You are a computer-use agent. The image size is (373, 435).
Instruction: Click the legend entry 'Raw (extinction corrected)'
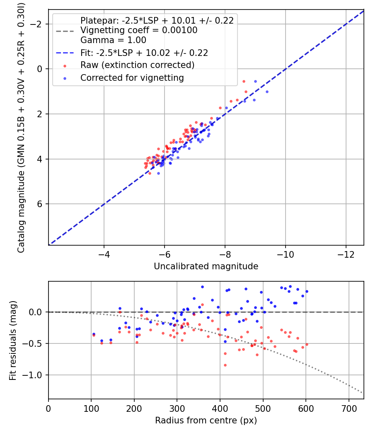137,65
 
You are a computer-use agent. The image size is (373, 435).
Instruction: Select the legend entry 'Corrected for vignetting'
132,77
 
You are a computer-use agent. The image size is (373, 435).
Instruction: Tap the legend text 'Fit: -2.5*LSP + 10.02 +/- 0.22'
144,53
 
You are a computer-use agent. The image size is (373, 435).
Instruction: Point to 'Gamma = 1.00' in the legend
113,41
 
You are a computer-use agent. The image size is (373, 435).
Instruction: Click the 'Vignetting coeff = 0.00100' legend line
139,30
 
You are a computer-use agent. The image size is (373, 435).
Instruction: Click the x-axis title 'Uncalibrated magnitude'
206,266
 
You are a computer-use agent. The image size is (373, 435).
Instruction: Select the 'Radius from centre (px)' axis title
206,420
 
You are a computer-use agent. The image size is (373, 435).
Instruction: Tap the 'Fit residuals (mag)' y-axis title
13,340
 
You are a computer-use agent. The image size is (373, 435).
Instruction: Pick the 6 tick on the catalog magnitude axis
40,204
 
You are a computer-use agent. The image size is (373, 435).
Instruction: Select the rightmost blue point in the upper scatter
267,92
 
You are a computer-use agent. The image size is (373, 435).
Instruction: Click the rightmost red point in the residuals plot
307,344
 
